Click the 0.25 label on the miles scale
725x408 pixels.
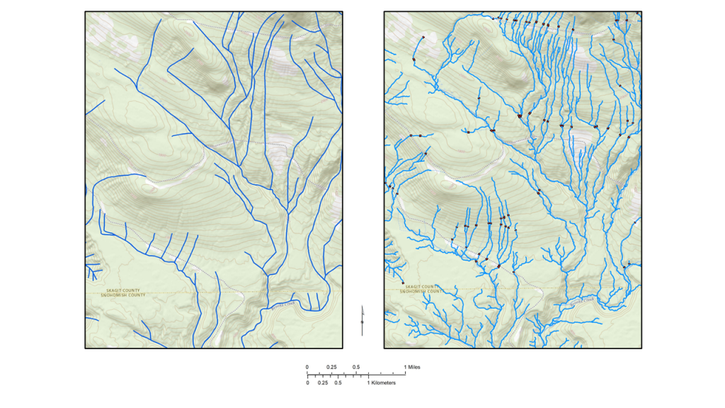coord(331,367)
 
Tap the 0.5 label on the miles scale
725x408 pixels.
coord(356,367)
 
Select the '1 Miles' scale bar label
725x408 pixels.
coord(412,367)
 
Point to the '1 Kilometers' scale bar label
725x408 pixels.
coord(381,382)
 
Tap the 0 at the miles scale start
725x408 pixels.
coord(307,367)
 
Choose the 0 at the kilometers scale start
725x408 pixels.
coord(307,382)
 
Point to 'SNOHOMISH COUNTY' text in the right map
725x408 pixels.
coord(422,291)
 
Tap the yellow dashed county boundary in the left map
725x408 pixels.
coord(212,292)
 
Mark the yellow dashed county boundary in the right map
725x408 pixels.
coord(510,289)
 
